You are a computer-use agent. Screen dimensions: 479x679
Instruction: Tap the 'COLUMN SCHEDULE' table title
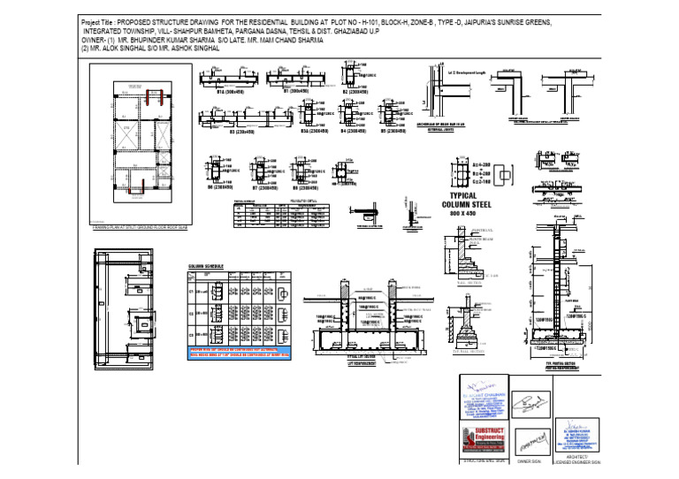coord(205,265)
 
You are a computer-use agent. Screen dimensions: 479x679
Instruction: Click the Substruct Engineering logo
coord(482,438)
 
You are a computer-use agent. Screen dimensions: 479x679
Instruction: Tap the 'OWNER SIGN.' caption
coord(529,461)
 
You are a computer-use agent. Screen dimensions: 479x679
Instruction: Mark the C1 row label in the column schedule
coord(191,290)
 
